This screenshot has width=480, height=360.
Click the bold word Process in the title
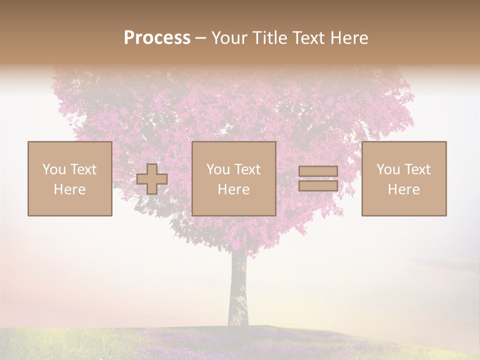click(157, 38)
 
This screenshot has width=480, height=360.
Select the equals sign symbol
click(318, 178)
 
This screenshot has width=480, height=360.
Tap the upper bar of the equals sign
click(318, 171)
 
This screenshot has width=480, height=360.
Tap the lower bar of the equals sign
click(318, 185)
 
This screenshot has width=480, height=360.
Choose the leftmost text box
click(70, 178)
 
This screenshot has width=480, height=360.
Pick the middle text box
click(234, 178)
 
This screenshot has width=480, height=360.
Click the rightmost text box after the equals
click(404, 178)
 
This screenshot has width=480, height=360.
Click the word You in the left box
click(53, 169)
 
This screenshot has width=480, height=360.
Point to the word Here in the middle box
click(234, 189)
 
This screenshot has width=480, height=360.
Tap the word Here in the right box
click(404, 189)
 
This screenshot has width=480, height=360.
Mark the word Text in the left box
click(83, 169)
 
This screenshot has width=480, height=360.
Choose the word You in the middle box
click(217, 169)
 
